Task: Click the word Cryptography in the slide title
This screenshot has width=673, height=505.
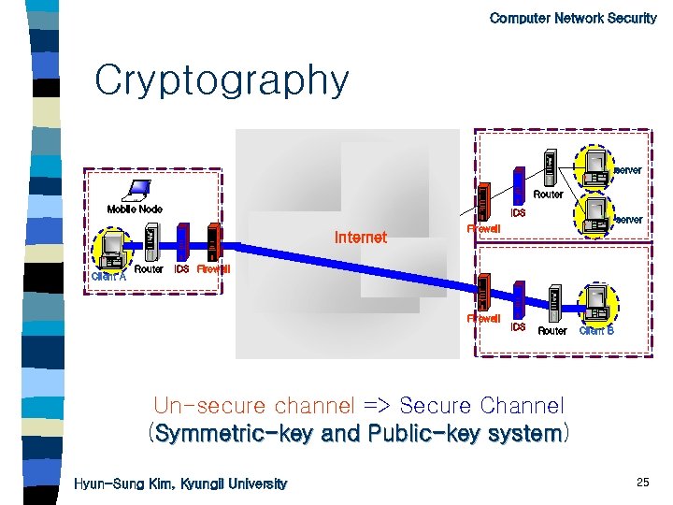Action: (x=222, y=82)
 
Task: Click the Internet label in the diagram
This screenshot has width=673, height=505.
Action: (x=360, y=238)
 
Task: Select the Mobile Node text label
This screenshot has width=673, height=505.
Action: (x=135, y=209)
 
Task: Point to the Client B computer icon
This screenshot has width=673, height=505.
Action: (x=596, y=301)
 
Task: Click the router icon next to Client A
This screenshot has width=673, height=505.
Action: (x=151, y=245)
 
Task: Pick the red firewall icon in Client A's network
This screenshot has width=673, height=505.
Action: (x=214, y=243)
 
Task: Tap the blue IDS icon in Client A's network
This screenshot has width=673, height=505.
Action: (x=183, y=243)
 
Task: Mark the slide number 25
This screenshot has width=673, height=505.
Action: (x=642, y=482)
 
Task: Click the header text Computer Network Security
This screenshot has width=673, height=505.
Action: (x=573, y=18)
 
